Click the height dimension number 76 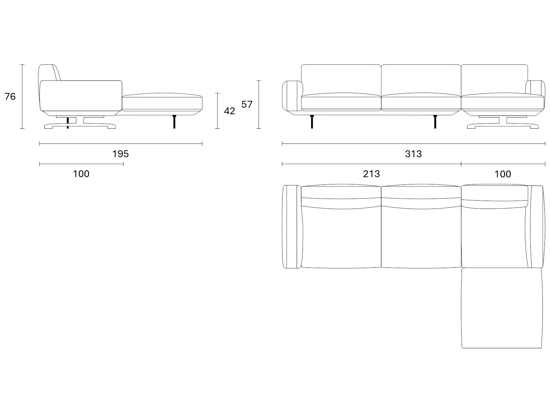[10, 97]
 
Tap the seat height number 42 [230, 111]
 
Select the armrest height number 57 [247, 104]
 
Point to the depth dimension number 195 [121, 154]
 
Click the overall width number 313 [414, 154]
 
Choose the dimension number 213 [371, 174]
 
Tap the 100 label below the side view [81, 174]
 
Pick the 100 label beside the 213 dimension [503, 174]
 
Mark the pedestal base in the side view [80, 123]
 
